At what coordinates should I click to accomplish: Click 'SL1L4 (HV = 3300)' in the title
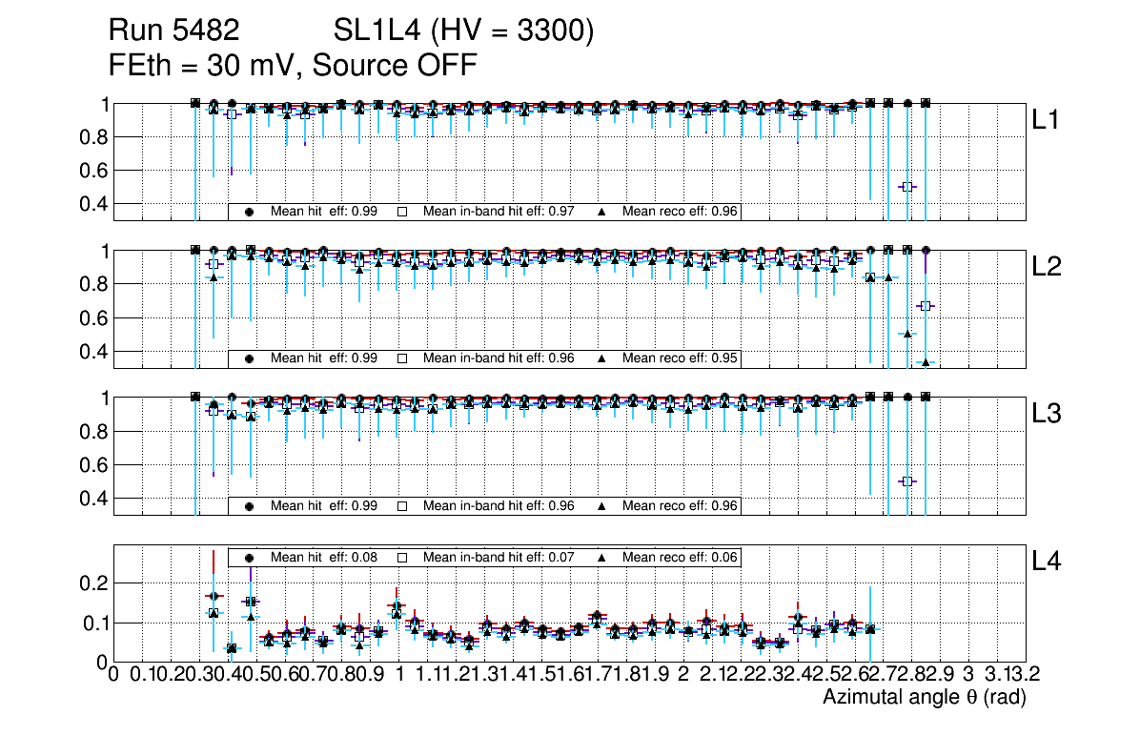click(x=464, y=32)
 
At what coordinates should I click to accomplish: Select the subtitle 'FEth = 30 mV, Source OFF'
click(x=293, y=66)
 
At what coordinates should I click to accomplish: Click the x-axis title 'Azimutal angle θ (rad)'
click(x=924, y=697)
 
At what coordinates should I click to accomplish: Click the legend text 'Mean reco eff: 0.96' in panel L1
click(x=681, y=212)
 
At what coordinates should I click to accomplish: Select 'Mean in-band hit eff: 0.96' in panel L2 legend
click(x=499, y=358)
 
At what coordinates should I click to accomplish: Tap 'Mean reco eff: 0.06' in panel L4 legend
click(x=681, y=557)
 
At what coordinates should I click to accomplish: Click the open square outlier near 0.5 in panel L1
click(x=907, y=187)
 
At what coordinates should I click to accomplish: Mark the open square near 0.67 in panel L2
click(x=925, y=306)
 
